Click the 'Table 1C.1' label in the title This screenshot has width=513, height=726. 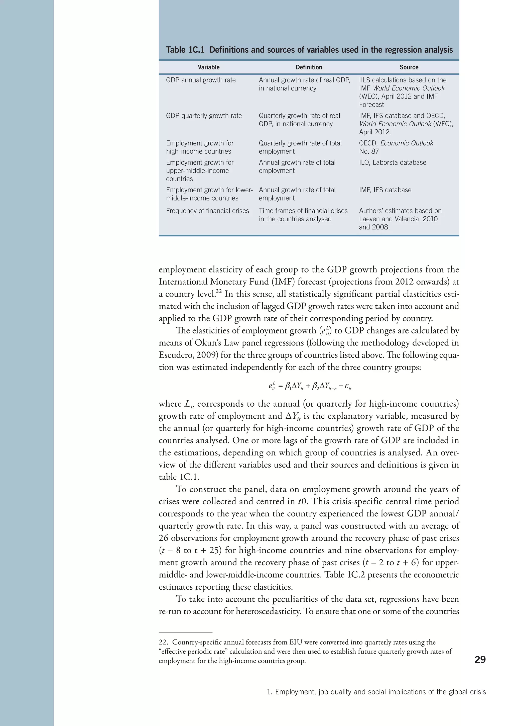185,50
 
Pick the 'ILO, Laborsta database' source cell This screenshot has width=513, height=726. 392,162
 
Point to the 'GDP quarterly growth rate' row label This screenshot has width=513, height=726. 204,116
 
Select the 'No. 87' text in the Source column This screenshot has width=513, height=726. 369,151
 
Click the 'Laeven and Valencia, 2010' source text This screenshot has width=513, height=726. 398,219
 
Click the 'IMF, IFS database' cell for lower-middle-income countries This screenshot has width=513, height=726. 385,190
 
